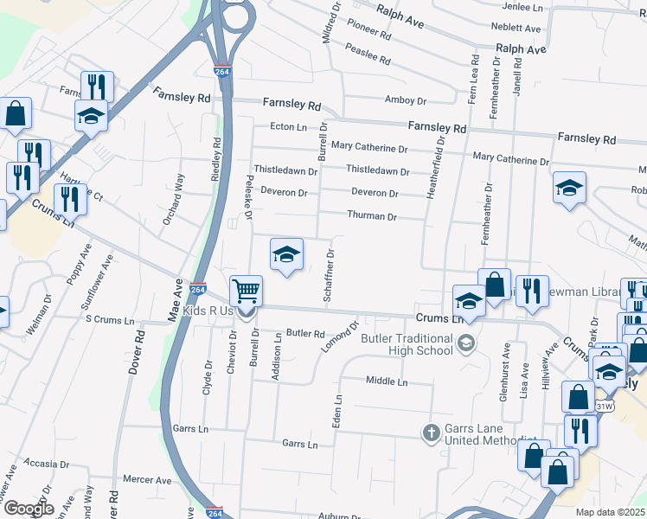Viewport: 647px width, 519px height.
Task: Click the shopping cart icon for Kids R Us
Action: [247, 291]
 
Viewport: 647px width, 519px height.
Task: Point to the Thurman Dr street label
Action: [371, 216]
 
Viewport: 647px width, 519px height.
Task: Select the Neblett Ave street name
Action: [515, 29]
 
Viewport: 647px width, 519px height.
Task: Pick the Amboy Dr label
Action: [406, 100]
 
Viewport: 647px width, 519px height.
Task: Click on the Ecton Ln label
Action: [288, 126]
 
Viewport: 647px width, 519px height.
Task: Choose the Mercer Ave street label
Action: [147, 479]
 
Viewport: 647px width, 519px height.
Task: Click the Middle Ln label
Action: [386, 381]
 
